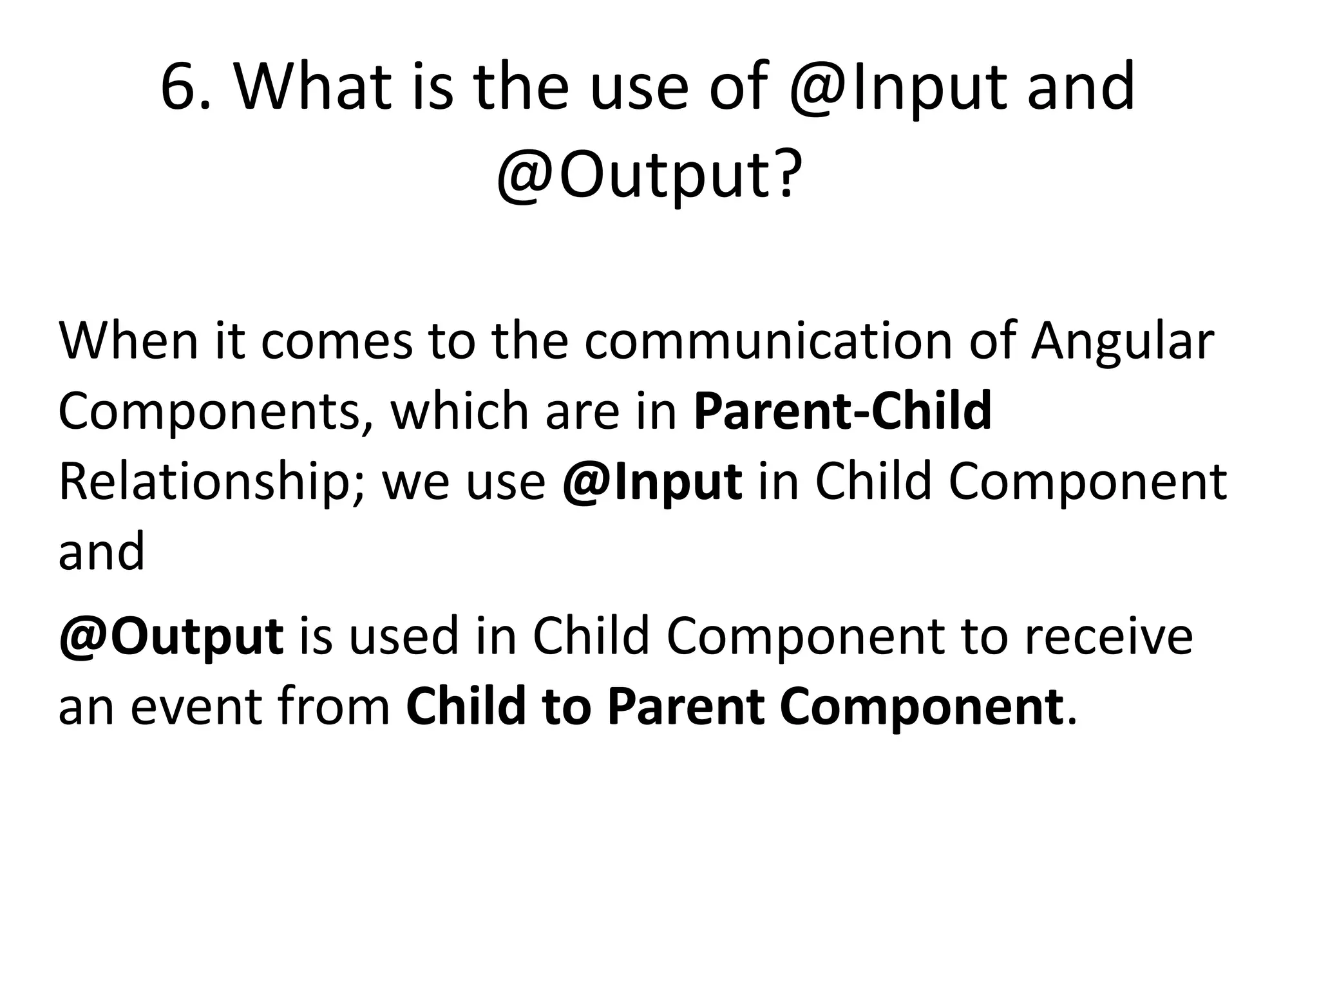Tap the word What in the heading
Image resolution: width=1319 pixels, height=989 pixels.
coord(313,87)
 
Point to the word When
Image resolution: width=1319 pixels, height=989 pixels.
coord(129,341)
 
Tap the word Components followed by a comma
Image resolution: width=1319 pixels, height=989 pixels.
coord(216,412)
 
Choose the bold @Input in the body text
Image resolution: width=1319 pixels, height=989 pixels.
coord(652,484)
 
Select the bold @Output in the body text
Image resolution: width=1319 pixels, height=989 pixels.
coord(171,637)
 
